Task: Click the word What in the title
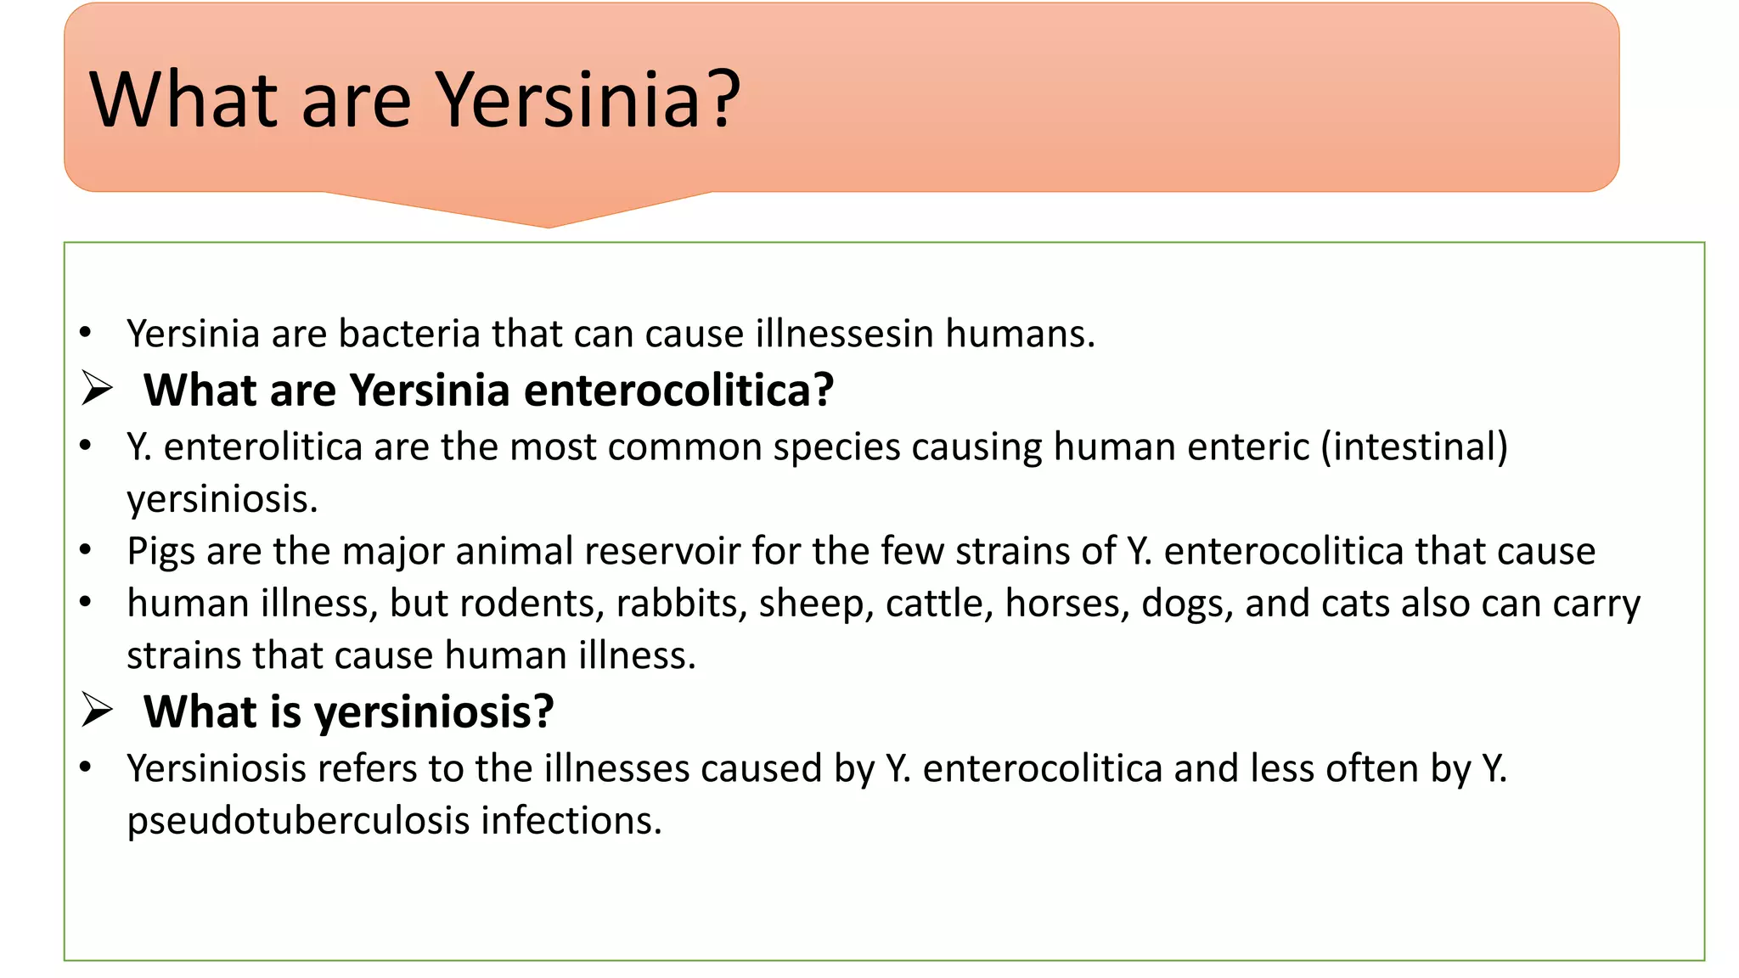tap(183, 100)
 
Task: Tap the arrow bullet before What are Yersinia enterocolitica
tap(97, 389)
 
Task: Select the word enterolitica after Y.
tap(262, 447)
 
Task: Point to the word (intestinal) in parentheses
tap(1414, 447)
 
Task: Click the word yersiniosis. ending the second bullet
tap(222, 499)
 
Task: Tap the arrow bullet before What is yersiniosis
tap(97, 710)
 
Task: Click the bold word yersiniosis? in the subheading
tap(434, 713)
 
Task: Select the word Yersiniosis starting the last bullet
tap(216, 769)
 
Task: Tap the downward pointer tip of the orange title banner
tap(548, 225)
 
